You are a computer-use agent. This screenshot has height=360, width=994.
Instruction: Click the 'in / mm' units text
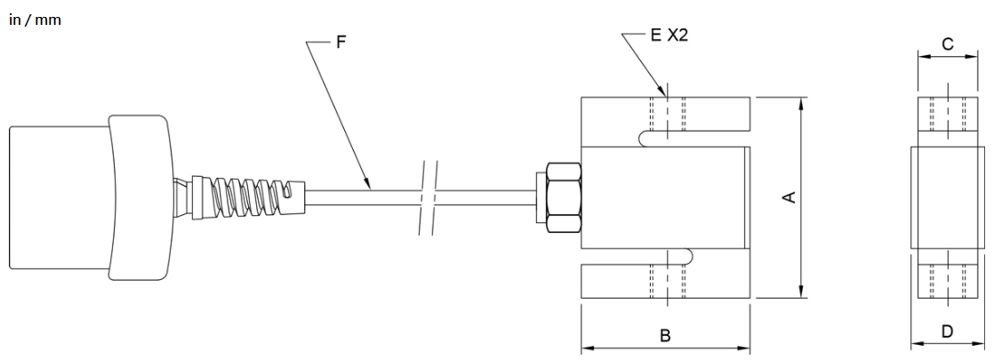(x=35, y=20)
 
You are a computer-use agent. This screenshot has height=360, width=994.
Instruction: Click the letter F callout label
(x=341, y=43)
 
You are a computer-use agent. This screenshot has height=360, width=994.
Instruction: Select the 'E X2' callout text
(x=669, y=36)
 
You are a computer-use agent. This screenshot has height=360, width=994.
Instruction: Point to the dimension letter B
(x=665, y=335)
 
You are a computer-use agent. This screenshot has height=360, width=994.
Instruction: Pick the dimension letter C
(x=948, y=44)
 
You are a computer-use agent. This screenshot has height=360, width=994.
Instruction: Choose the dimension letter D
(x=947, y=332)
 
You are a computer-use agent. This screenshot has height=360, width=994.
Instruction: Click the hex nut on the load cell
(x=563, y=197)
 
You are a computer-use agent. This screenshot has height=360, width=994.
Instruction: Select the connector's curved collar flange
(x=140, y=197)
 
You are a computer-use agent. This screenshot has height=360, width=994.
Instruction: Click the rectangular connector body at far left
(x=60, y=197)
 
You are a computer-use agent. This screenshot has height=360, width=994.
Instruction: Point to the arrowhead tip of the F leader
(x=370, y=188)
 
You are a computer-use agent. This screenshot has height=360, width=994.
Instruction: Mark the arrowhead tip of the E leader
(x=666, y=97)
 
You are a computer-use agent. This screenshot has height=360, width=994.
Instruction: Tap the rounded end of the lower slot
(x=688, y=255)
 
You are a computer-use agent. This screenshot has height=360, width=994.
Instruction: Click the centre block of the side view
(x=948, y=197)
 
